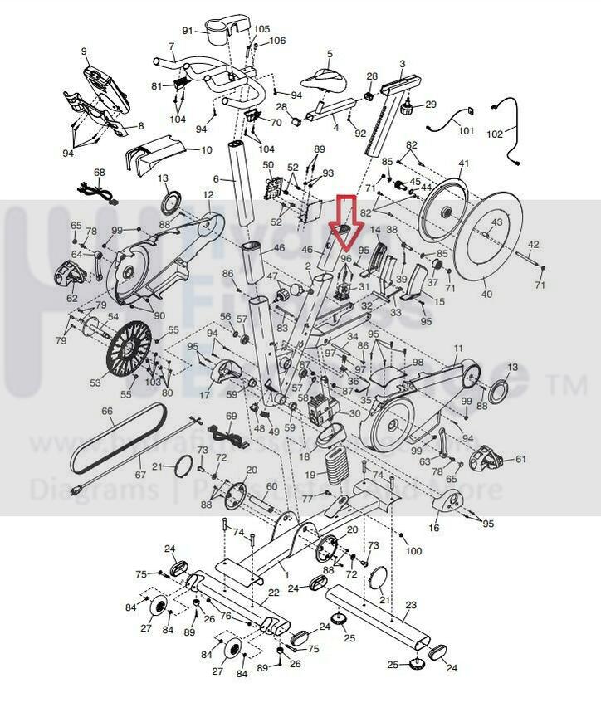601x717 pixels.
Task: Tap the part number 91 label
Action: click(x=188, y=31)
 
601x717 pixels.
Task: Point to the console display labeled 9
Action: click(x=103, y=89)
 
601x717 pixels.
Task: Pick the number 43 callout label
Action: click(x=496, y=222)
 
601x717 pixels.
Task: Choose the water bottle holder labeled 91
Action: click(x=220, y=32)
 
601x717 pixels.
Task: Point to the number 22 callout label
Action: click(x=271, y=593)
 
